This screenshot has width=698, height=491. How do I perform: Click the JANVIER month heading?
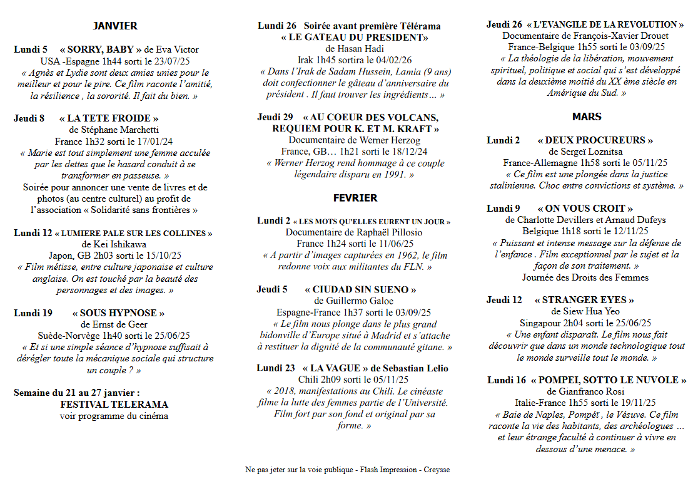click(x=115, y=26)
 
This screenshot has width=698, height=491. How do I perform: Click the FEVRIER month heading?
click(x=355, y=198)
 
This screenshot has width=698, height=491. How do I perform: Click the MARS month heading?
click(x=586, y=116)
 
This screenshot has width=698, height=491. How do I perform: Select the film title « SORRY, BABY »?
click(x=101, y=49)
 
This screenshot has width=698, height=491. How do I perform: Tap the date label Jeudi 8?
click(x=29, y=118)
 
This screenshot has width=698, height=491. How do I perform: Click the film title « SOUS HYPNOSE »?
click(x=118, y=313)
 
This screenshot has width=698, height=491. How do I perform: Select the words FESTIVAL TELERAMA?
click(x=114, y=405)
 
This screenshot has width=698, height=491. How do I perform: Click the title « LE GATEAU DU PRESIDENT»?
click(x=355, y=38)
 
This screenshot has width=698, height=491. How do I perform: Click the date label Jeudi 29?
click(x=275, y=117)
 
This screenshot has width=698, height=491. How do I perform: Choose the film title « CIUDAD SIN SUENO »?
click(x=360, y=289)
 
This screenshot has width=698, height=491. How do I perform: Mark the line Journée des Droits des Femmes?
click(x=585, y=277)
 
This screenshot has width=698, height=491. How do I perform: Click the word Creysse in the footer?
click(x=437, y=470)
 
